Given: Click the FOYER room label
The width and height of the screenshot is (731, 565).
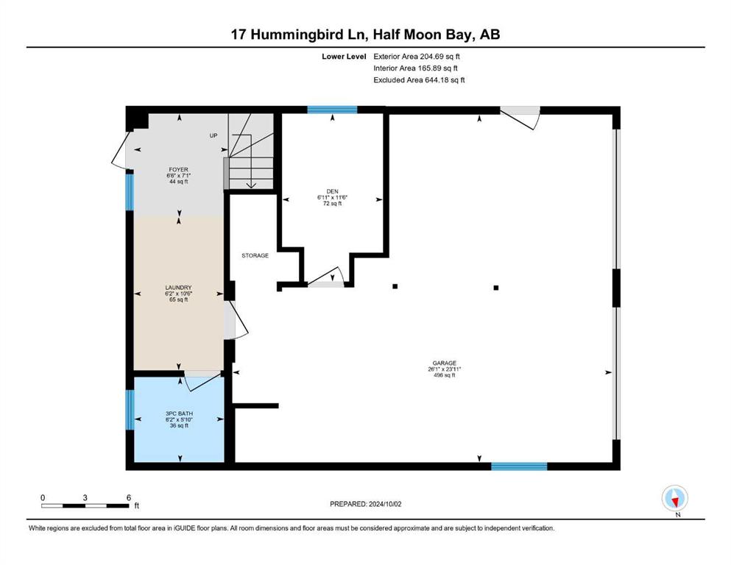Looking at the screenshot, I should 178,169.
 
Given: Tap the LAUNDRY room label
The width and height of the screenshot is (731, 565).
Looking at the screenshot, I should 178,288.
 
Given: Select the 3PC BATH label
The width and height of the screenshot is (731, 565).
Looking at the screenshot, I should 178,413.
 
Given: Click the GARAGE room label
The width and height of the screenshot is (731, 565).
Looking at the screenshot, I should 445,363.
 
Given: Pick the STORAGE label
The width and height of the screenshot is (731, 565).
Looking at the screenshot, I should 255,255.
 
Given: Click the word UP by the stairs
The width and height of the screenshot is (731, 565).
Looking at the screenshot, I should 214,136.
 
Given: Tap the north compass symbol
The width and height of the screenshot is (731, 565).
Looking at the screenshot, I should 674,499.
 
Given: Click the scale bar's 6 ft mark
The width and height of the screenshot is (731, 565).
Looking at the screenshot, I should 128,497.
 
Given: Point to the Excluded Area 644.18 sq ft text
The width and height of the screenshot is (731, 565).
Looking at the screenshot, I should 420,79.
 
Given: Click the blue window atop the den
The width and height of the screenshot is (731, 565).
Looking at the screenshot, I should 332,110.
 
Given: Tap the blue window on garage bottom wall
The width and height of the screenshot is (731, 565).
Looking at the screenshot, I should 519,466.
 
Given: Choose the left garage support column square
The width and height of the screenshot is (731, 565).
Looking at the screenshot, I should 395,286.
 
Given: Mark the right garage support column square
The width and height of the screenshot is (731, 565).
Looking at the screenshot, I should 496,287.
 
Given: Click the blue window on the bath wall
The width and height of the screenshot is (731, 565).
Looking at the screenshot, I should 130,410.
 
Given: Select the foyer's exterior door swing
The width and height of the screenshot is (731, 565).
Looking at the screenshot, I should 119,154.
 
